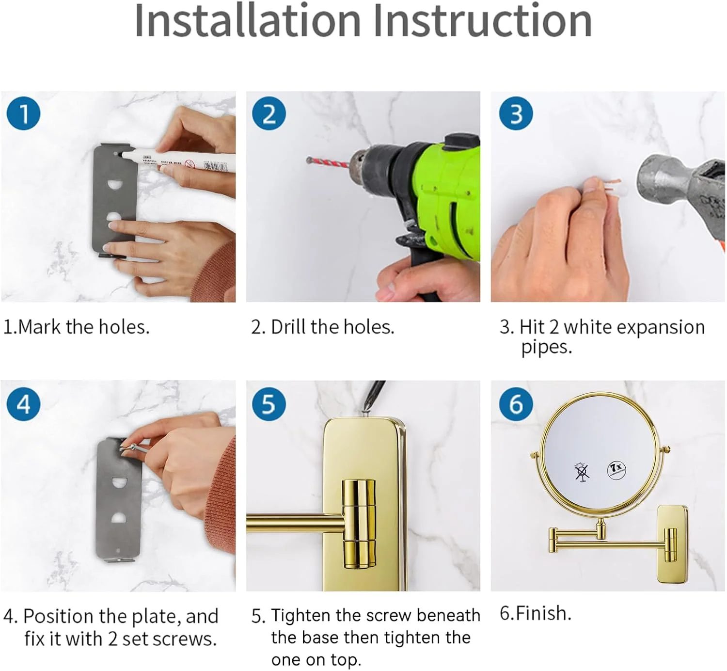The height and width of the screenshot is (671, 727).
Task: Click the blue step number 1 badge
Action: pos(23,113)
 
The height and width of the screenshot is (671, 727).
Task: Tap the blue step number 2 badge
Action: pos(269,113)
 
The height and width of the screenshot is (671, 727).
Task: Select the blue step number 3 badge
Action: pos(516,113)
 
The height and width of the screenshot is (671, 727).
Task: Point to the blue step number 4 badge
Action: pos(23,404)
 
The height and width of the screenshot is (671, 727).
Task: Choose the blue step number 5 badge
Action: pos(269,404)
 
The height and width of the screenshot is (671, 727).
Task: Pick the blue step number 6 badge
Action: pos(516,404)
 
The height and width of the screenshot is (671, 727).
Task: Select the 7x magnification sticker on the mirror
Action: pos(616,470)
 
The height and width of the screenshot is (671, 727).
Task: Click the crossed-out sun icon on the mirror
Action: pos(582,473)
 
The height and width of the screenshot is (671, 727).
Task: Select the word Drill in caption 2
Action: pos(288,327)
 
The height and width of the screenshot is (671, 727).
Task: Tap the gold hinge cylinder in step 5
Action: pos(359,524)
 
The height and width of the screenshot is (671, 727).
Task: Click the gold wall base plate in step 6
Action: pos(672,544)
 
